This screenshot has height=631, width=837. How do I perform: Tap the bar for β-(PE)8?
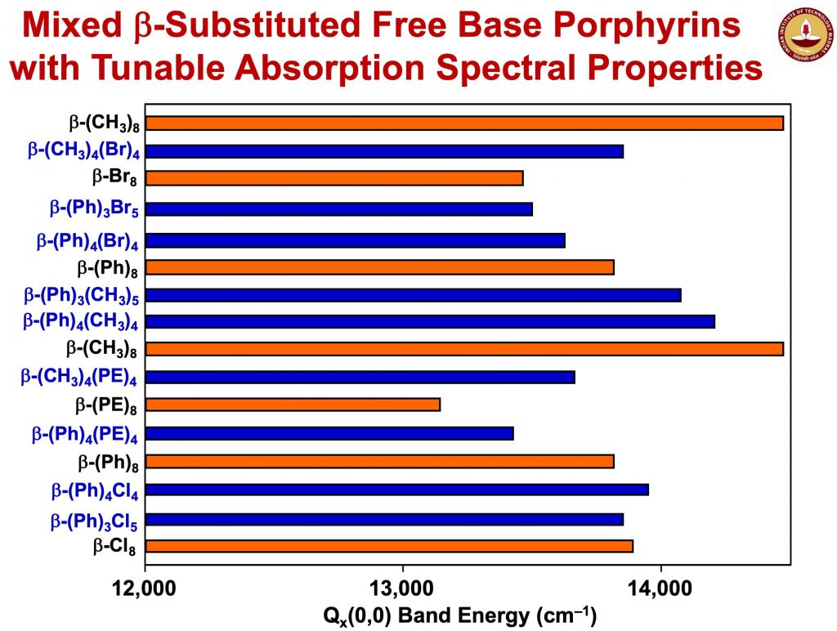[x=293, y=405]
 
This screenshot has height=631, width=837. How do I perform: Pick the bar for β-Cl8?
[x=389, y=546]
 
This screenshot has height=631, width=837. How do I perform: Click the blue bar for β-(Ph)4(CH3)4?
[x=430, y=322]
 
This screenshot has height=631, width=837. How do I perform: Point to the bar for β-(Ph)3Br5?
[x=338, y=209]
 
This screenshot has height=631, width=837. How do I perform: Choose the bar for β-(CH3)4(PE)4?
[x=360, y=377]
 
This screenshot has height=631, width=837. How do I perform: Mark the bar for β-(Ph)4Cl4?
[x=396, y=490]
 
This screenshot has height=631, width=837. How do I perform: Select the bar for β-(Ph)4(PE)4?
[x=329, y=433]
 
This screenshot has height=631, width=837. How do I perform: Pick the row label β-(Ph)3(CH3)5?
[x=80, y=295]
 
